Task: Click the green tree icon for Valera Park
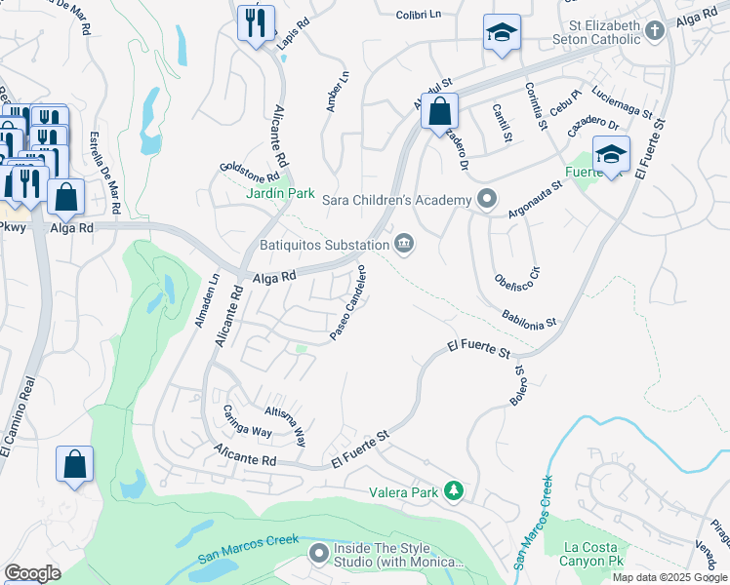[452, 489]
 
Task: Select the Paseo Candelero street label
[347, 302]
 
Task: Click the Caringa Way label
[247, 420]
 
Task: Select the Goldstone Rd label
[249, 174]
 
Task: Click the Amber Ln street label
[336, 91]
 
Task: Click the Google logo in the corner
[31, 573]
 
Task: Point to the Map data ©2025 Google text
[669, 576]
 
